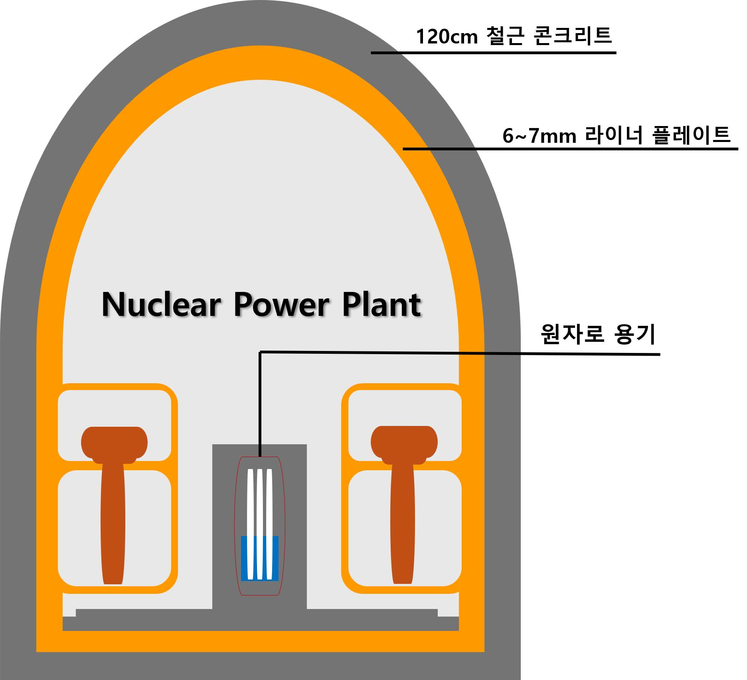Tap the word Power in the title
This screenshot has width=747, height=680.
click(281, 305)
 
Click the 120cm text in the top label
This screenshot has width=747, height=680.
click(447, 37)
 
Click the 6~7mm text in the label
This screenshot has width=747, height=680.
click(539, 136)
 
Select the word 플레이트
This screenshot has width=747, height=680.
click(691, 135)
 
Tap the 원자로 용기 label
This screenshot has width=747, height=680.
click(598, 334)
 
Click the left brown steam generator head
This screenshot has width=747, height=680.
click(115, 443)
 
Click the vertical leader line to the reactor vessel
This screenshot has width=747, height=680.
click(260, 403)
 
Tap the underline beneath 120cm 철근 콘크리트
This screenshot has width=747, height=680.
click(493, 52)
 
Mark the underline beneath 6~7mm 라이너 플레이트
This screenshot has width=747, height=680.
click(571, 149)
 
